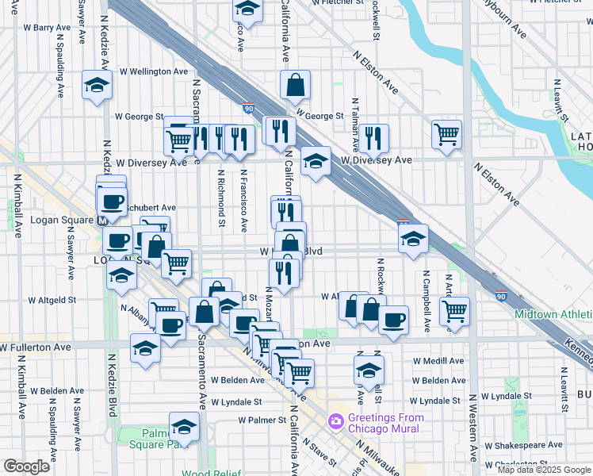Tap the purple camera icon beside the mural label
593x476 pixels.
point(336,420)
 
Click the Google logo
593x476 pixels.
point(26,466)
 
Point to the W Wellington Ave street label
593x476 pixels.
point(154,71)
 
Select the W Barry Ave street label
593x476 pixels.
point(48,27)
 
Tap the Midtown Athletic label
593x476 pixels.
point(553,314)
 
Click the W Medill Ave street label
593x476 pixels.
point(438,360)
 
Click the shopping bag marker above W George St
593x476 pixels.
point(295,86)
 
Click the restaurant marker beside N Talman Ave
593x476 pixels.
point(373,137)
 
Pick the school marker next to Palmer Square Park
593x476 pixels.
point(184,427)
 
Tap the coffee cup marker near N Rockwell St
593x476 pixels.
point(393,319)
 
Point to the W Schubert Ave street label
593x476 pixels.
point(150,207)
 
